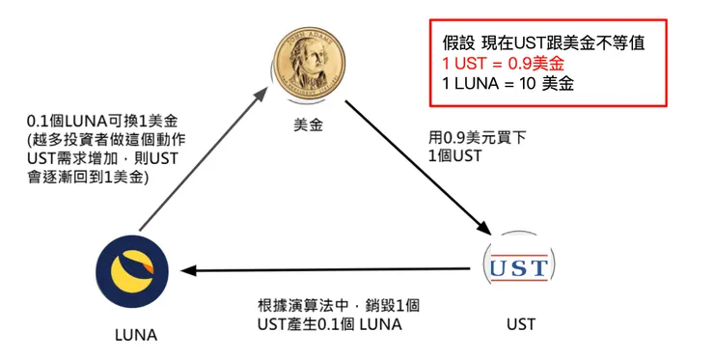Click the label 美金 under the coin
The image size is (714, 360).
pos(308,124)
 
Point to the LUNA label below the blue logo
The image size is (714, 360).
pos(135,335)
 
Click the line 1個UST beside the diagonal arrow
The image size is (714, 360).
pos(453,155)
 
